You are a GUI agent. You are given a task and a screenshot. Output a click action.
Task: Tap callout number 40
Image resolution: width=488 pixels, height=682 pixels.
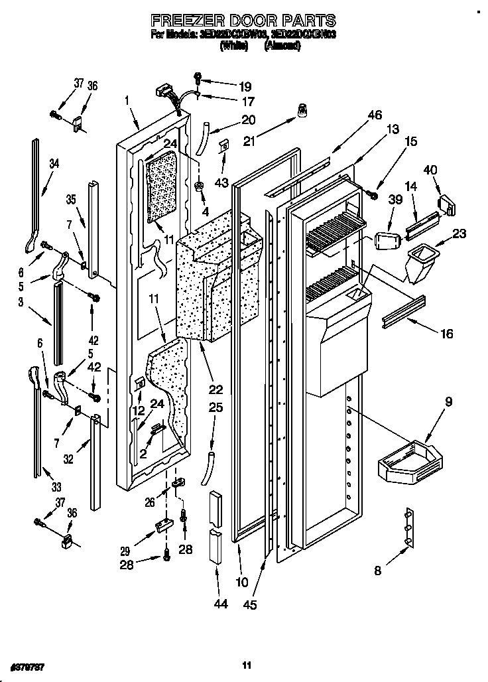[x=430, y=170]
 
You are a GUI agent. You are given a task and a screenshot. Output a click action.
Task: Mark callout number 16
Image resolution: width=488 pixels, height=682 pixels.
[x=446, y=334]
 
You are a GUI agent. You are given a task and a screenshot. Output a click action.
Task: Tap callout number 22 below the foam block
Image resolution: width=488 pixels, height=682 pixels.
[x=215, y=389]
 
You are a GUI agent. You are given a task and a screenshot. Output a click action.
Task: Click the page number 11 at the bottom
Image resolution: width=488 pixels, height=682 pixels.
[x=246, y=665]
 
